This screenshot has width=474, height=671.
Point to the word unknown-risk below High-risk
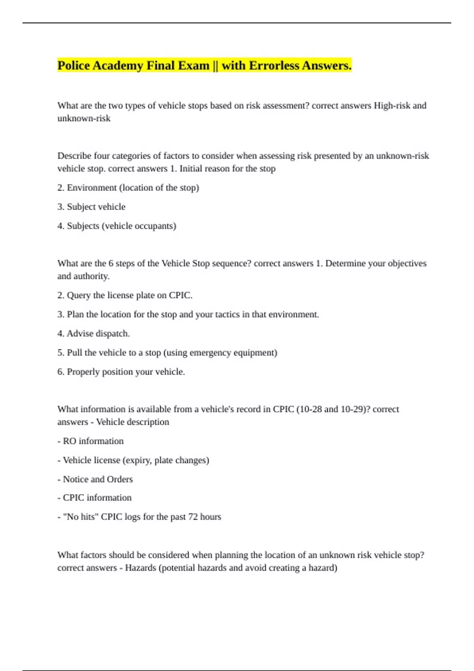tap(84, 118)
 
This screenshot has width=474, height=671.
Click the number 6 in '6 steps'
tap(111, 264)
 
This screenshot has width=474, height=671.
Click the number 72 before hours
tap(193, 517)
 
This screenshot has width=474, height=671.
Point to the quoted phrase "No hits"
tap(81, 517)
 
